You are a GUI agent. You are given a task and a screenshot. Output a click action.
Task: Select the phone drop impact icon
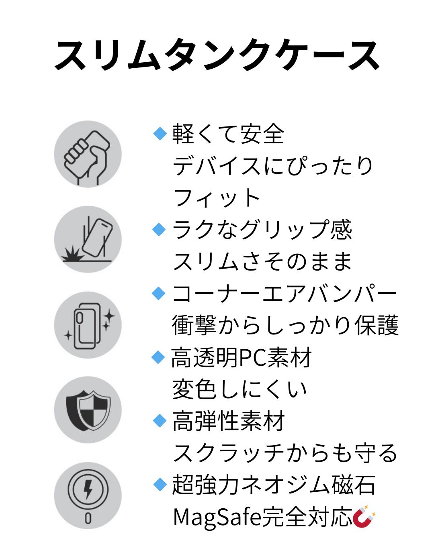coord(88,240)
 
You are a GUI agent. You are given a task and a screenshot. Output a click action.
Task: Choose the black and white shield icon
coord(88,410)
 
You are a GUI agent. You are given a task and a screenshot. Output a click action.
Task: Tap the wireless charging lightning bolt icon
coord(88,495)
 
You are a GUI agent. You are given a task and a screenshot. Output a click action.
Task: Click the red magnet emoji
coord(364,517)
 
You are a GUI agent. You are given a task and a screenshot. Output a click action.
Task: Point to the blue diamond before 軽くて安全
coord(160,133)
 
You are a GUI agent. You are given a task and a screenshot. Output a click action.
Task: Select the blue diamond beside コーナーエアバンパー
coord(159,293)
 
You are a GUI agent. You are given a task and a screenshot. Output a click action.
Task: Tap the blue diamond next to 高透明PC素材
coord(159,357)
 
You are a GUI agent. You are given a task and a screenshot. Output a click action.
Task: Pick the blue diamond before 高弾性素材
coord(160,421)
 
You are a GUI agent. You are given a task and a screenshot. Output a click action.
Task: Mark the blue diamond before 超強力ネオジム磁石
coord(160,484)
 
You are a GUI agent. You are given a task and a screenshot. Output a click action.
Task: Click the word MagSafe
coord(217,517)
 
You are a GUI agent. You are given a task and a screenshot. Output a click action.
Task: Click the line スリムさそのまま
coord(262,261)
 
